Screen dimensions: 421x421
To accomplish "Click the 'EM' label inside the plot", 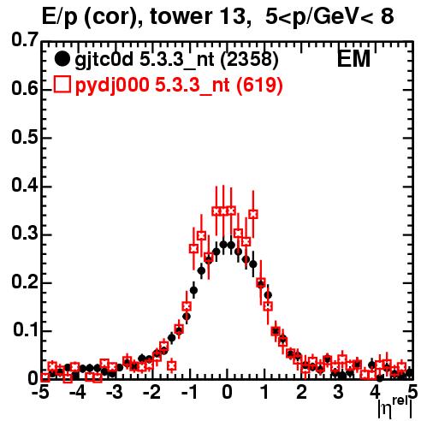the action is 353,59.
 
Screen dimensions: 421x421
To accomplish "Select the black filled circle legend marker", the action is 62,59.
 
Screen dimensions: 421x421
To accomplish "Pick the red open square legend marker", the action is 62,85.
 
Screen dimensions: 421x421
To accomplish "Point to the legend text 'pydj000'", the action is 112,86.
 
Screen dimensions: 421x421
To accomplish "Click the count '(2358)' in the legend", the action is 249,60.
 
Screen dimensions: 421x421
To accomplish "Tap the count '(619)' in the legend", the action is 259,85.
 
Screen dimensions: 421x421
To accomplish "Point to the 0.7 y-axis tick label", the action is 25,39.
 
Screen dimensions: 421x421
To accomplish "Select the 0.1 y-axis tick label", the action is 25,329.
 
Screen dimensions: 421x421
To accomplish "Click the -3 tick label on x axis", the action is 114,392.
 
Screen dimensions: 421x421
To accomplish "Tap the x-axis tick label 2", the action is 301,392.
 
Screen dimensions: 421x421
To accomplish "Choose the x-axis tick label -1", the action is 189,392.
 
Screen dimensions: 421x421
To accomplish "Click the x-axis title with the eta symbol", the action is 395,408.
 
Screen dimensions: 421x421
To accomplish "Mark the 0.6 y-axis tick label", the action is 25,88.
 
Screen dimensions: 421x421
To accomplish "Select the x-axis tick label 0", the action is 227,392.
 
